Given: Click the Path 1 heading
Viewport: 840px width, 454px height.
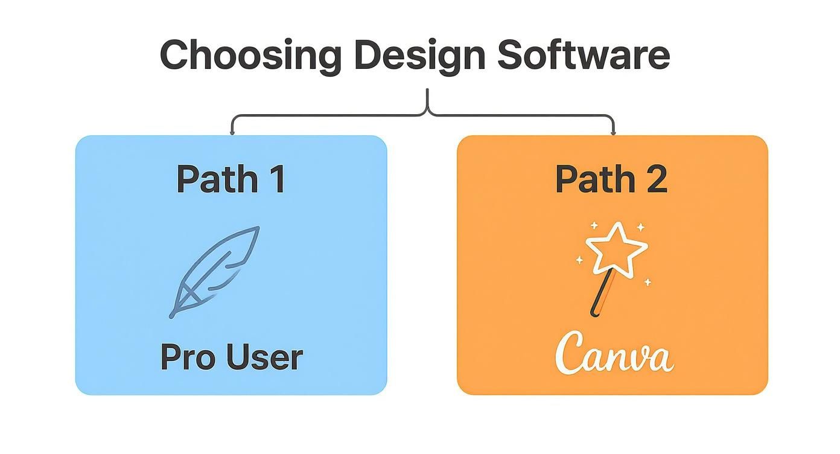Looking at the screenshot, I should tap(231, 179).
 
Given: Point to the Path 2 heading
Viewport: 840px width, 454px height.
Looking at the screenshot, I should tap(611, 179).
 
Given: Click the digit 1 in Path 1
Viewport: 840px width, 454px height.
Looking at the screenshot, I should tap(277, 179).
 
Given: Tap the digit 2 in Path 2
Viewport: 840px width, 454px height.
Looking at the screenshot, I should tap(655, 179).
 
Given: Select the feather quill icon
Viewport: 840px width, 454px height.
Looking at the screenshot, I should tap(216, 271).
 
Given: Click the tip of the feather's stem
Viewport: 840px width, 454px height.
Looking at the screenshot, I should tap(173, 315).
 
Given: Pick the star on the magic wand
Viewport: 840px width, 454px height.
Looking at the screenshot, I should tap(616, 248).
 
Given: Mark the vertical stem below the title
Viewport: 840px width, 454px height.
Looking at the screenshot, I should tap(428, 100).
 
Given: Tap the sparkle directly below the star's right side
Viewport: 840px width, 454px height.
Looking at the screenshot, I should tap(647, 282).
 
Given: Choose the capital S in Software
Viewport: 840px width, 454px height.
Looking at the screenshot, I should tap(512, 55).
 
